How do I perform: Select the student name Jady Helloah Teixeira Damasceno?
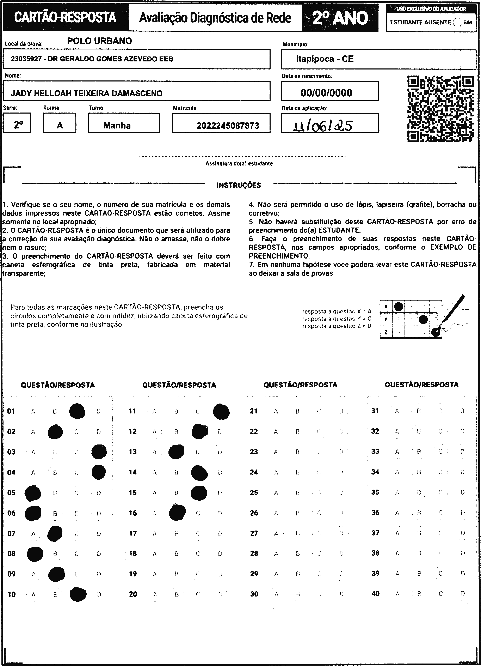pos(87,93)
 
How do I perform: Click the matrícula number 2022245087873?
pos(228,126)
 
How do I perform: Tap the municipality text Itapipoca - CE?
pos(325,59)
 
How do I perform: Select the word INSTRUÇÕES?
pos(239,185)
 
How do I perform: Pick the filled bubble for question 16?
pos(178,512)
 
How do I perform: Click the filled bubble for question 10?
pos(78,594)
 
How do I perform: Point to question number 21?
pos(254,411)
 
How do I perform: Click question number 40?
pos(375,593)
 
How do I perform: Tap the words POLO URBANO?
pos(99,41)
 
